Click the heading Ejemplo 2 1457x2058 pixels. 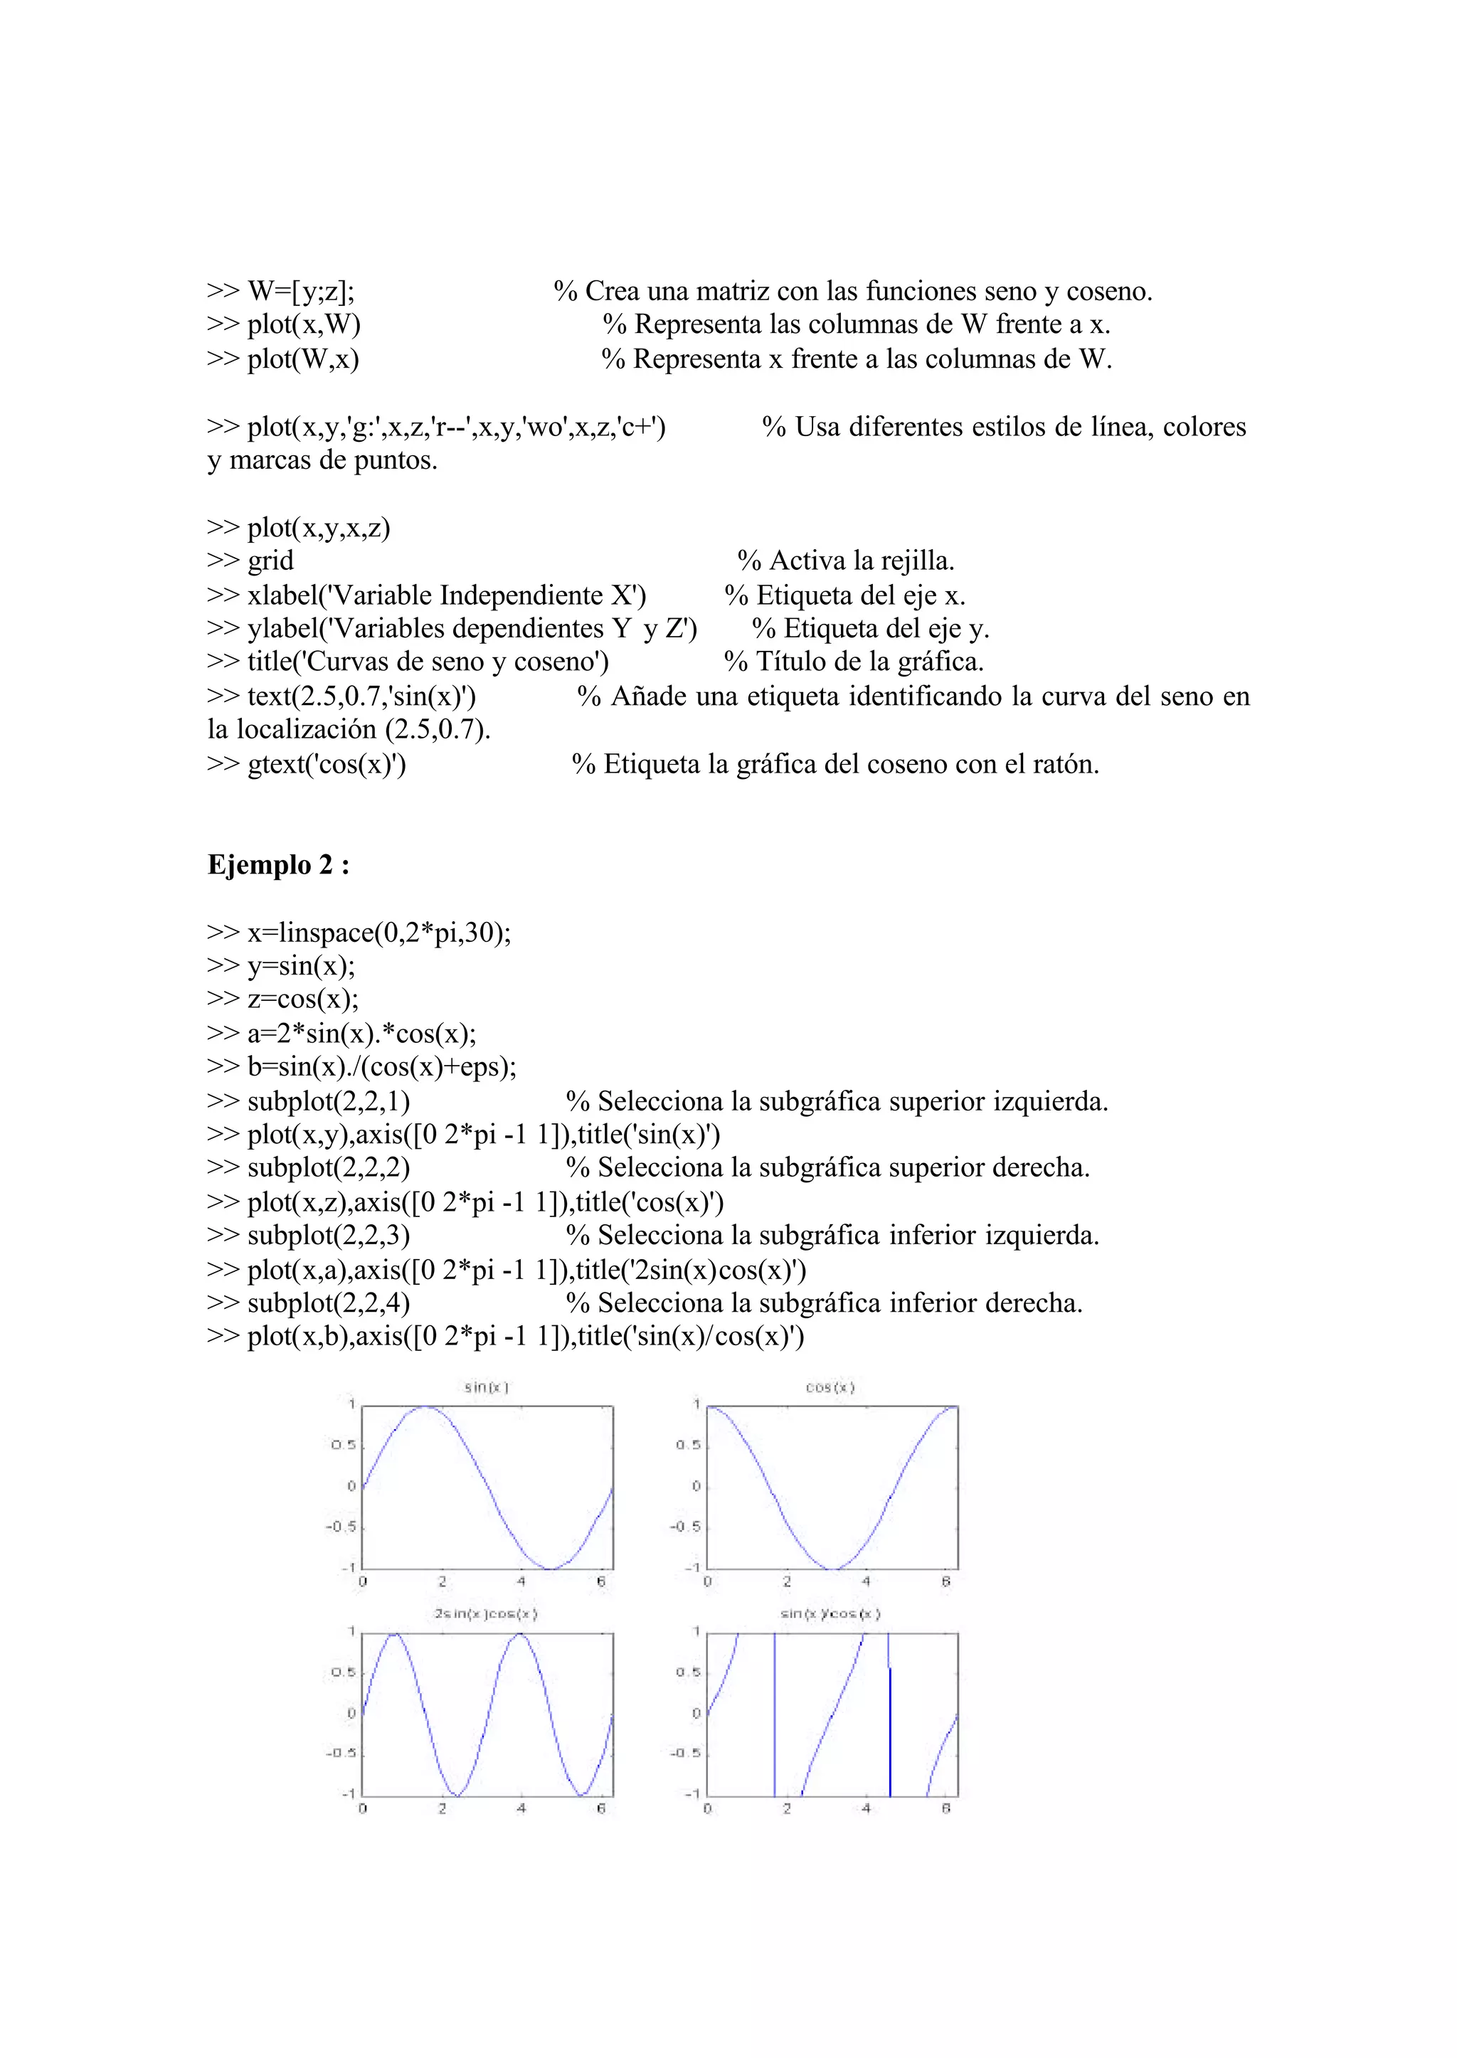(278, 865)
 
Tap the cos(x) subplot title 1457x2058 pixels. (830, 1387)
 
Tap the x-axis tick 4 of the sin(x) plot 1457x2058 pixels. (521, 1581)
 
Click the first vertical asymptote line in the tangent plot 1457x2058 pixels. (774, 1714)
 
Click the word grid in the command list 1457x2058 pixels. (270, 561)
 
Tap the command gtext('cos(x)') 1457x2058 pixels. (327, 764)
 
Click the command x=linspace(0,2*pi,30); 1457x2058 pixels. (378, 933)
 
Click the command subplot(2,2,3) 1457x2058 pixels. (329, 1236)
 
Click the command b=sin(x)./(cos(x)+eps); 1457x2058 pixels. (382, 1066)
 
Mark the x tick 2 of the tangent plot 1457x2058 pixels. (787, 1808)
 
